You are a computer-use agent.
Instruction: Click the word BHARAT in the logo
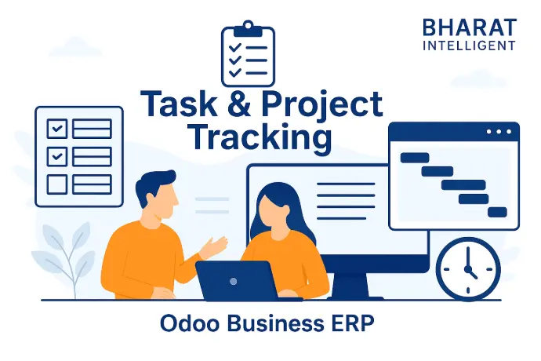point(470,27)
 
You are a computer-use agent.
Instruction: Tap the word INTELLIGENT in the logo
point(469,46)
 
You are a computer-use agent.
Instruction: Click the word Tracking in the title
point(261,137)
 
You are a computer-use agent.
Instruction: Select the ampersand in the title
point(239,103)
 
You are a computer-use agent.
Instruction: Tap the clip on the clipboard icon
point(248,29)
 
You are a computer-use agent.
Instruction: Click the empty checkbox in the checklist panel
point(57,184)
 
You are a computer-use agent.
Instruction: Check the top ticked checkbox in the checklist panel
point(57,129)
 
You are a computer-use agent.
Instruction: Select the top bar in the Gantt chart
point(415,158)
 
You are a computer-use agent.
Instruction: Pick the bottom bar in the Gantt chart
point(497,212)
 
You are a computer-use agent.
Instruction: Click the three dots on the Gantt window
point(499,132)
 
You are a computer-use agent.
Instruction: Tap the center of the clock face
point(468,269)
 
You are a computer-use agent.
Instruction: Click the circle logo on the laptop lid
point(233,281)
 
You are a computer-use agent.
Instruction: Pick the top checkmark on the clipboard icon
point(235,47)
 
